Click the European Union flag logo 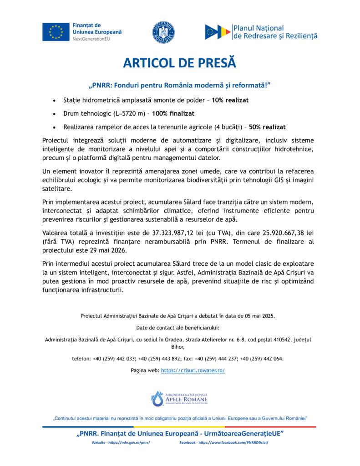(x=56, y=32)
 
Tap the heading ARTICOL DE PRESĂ (x=180, y=62)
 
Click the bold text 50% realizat (x=268, y=127)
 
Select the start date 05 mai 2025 (x=256, y=315)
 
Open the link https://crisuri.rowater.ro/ (x=193, y=370)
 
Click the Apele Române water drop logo (x=157, y=398)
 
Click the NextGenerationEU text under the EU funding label (x=91, y=39)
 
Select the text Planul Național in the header (x=258, y=28)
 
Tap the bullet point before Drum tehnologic (x=55, y=113)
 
